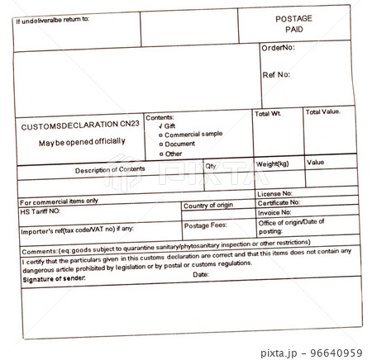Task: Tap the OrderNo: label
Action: pos(278,48)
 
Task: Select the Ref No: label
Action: pos(276,74)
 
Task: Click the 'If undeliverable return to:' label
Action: pos(53,18)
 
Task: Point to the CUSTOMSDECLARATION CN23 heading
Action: pos(79,125)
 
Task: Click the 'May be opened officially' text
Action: pos(82,141)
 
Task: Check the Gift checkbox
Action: pos(161,126)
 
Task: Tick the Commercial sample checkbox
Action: pos(161,135)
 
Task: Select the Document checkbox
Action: pos(161,144)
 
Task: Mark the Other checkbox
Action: pos(161,154)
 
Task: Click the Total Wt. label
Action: pos(269,113)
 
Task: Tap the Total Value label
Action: pos(323,111)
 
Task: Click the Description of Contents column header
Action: pos(109,170)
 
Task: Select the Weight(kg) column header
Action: pos(272,164)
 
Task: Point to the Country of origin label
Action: pos(208,205)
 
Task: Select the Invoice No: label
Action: pos(280,212)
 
